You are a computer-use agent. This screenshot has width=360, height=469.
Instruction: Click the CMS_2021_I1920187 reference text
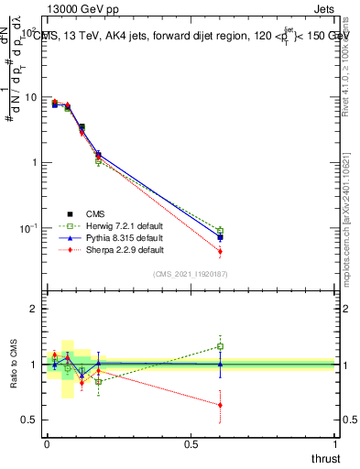click(191, 273)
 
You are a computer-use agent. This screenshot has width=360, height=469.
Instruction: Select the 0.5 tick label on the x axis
click(191, 444)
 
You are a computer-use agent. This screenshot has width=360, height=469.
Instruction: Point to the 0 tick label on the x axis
click(47, 444)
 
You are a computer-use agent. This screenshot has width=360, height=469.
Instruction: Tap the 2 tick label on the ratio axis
click(31, 309)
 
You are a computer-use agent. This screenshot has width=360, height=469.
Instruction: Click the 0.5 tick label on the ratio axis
click(27, 420)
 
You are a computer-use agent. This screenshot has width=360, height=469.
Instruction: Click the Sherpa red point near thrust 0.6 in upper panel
click(220, 251)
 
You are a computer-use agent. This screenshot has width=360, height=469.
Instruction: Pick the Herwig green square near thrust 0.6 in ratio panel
click(220, 346)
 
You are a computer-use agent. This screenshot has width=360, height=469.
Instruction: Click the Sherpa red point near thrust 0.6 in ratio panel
click(220, 405)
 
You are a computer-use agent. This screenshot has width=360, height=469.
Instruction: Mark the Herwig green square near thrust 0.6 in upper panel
click(220, 231)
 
